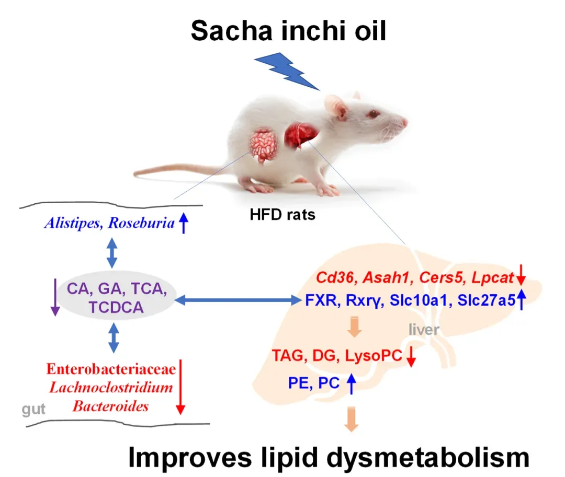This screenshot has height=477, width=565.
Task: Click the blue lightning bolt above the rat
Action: click(287, 71)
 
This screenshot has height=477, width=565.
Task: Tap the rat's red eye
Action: click(373, 114)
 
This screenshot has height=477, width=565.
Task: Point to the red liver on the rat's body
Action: click(300, 135)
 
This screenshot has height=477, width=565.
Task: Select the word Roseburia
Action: click(141, 223)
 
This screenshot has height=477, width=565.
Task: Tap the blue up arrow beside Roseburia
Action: click(184, 223)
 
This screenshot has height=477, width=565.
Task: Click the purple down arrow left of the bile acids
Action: click(55, 297)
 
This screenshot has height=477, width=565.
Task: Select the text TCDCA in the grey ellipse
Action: click(116, 308)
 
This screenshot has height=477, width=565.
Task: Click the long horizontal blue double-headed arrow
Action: click(238, 300)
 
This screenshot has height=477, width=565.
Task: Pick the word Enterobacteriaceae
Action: click(111, 369)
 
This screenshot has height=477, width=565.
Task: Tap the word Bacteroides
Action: click(110, 406)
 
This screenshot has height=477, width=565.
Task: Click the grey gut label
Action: click(33, 410)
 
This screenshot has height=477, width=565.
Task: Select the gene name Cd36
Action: click(336, 278)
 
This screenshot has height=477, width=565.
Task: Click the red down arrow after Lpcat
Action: click(521, 275)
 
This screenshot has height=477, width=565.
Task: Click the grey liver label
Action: click(424, 330)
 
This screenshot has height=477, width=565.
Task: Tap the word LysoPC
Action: click(374, 356)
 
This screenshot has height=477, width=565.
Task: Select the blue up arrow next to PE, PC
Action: click(352, 383)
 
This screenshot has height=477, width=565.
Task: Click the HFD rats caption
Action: click(282, 215)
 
